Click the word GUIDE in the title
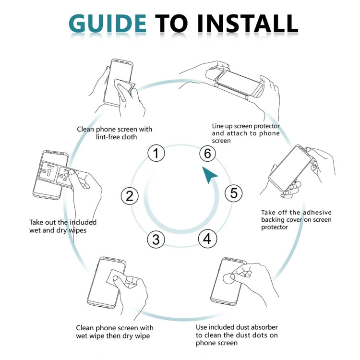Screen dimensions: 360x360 coord(108,23)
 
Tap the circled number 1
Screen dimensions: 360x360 coord(156,154)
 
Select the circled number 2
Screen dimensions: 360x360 coord(129,195)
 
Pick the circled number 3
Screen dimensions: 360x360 coord(156,239)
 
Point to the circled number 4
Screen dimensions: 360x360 coord(207,239)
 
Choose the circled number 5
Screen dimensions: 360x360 coord(233,193)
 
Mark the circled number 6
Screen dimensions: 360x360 coord(207,154)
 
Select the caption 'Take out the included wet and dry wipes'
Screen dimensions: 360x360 coord(62,226)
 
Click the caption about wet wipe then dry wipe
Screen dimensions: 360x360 coord(115,332)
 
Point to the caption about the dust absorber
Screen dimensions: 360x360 coord(237,335)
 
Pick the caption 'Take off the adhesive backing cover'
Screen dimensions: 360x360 coord(296,219)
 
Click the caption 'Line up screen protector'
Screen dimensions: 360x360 coord(246,133)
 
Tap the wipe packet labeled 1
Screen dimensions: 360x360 coord(48,171)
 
